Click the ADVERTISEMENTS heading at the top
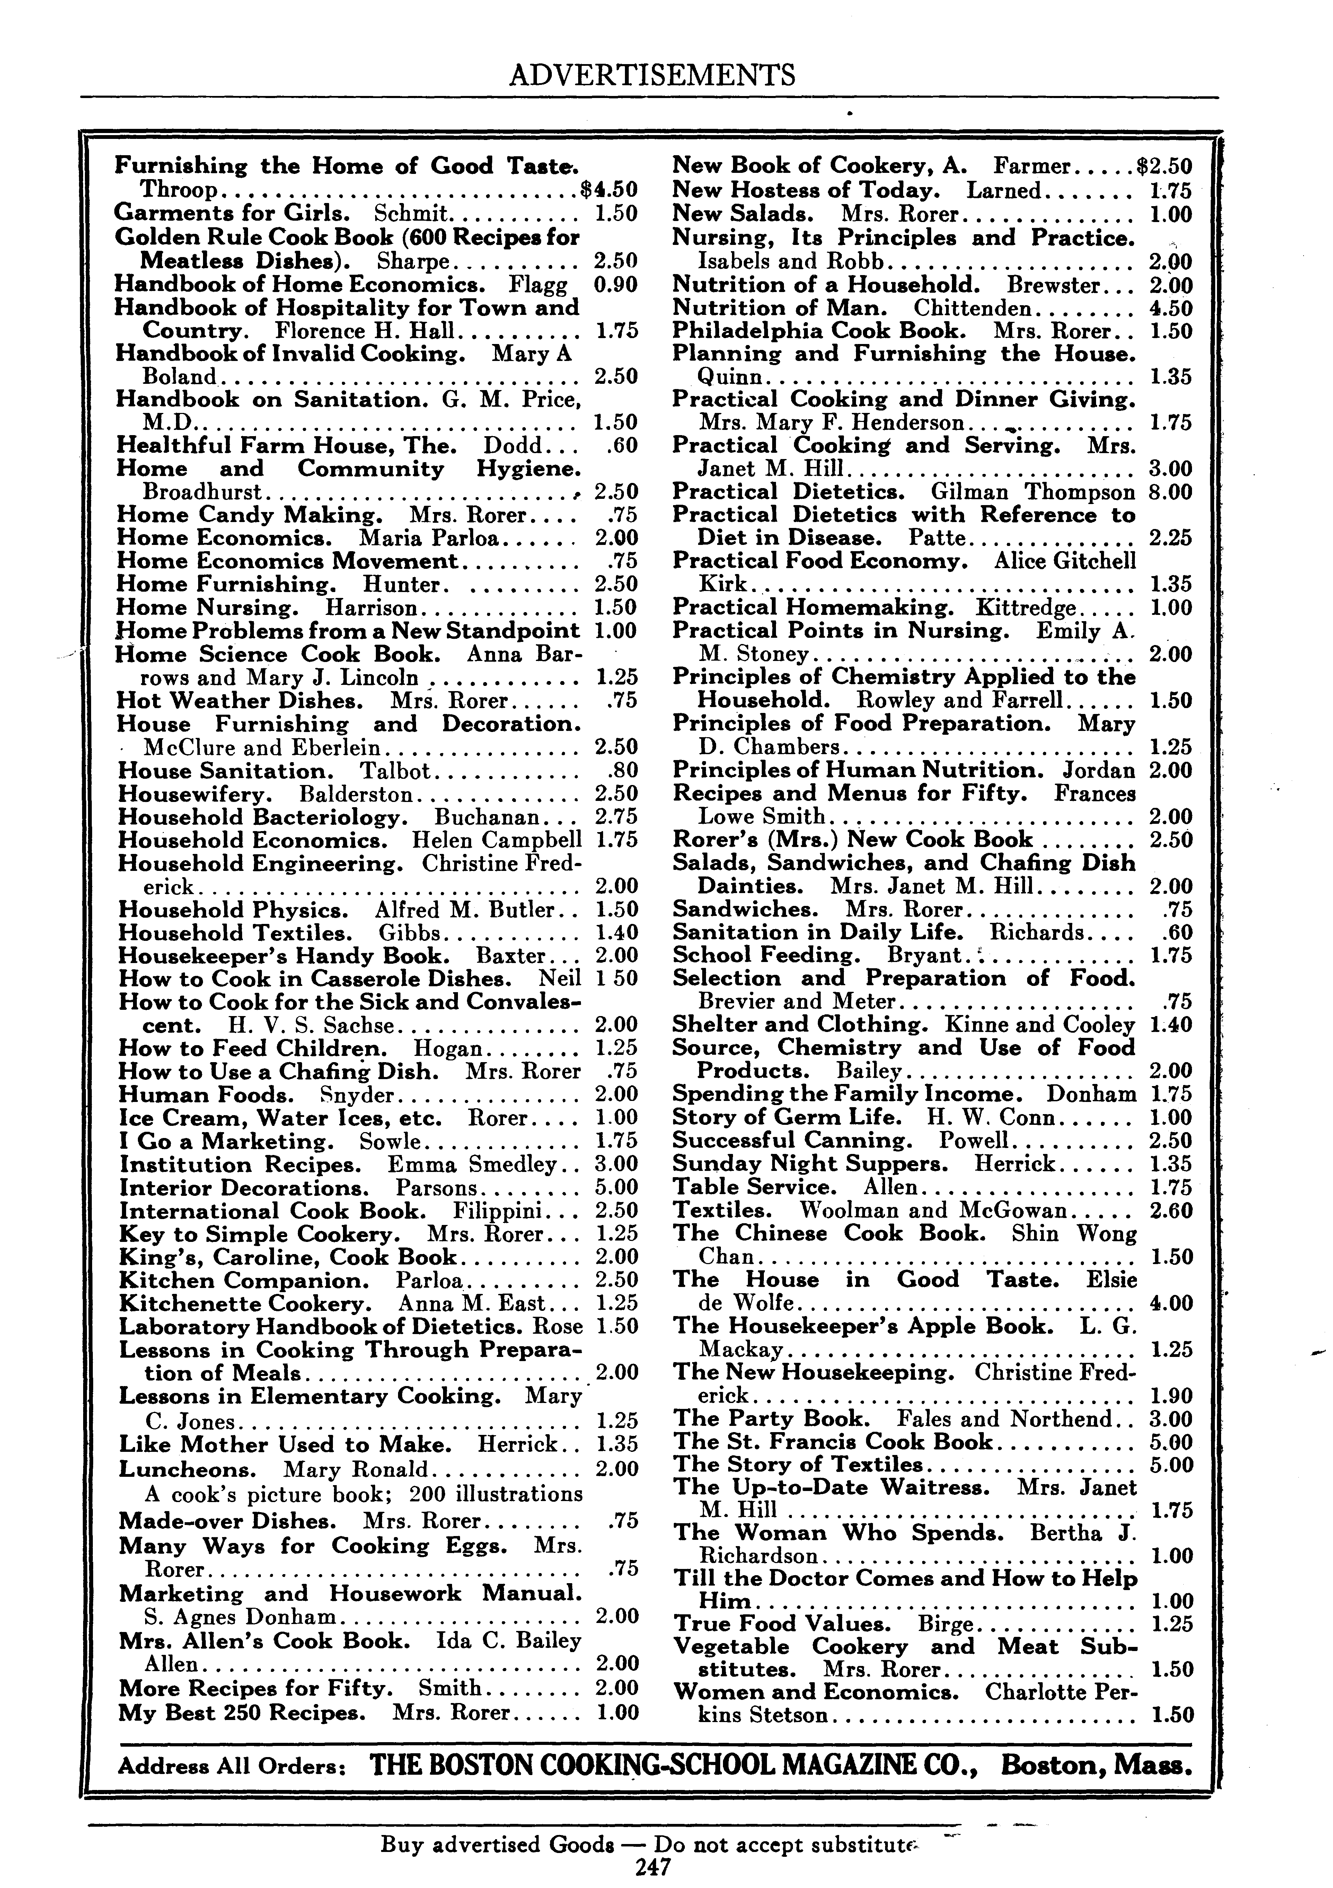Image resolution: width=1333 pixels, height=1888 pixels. click(652, 76)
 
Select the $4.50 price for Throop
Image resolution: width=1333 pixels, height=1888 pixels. click(609, 190)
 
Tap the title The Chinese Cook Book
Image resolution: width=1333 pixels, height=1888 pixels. click(828, 1234)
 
